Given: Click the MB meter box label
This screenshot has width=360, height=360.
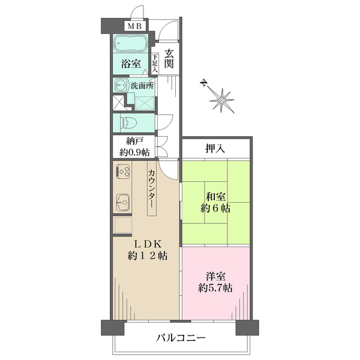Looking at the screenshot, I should [134, 26].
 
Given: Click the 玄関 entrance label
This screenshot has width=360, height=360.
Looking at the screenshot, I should [169, 59].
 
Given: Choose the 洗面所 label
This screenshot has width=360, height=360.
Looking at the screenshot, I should [142, 86].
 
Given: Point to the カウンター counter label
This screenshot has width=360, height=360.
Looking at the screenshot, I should [152, 189].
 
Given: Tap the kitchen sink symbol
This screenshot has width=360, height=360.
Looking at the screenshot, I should [122, 202].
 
